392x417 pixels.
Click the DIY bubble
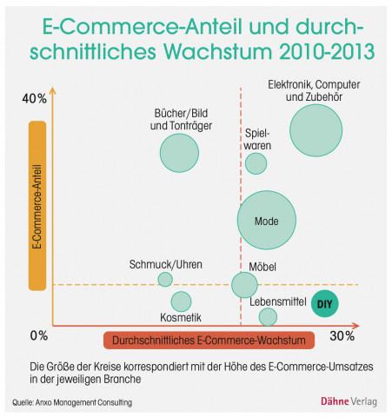point(325,302)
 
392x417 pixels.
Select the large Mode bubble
point(267,221)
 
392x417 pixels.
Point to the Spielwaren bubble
point(256,162)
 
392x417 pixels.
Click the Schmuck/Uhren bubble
point(165,279)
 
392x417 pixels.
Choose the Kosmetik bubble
point(181,301)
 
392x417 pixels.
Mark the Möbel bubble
point(245,284)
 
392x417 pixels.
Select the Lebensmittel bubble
point(268,317)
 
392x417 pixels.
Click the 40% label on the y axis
point(34,97)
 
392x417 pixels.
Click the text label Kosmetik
point(181,318)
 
